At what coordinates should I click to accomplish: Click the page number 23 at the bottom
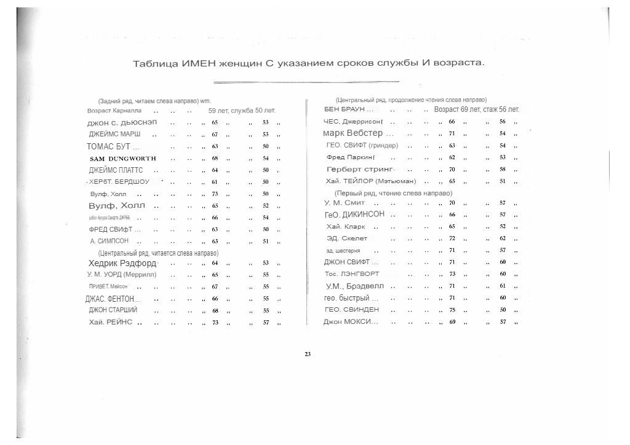click(308, 353)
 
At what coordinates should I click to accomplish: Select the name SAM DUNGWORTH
click(123, 158)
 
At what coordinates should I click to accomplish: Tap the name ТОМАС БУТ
click(113, 146)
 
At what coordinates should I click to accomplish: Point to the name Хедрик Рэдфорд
click(122, 262)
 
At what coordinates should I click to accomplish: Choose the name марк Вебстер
click(353, 133)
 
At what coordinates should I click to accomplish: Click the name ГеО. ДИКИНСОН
click(354, 214)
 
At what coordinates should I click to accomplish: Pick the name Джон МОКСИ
click(351, 321)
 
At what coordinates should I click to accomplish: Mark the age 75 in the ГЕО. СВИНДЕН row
click(452, 310)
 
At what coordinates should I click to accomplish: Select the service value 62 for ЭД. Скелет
click(503, 238)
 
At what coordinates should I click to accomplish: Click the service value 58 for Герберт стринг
click(503, 169)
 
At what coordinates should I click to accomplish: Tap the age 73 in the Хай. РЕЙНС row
click(215, 322)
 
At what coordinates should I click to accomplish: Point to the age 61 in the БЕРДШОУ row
click(215, 182)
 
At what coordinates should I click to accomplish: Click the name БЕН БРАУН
click(348, 109)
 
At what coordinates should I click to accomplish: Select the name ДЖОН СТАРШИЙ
click(113, 310)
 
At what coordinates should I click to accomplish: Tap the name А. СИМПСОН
click(109, 241)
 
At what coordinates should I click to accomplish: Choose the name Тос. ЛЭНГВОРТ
click(351, 274)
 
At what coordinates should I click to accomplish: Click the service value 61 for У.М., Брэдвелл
click(503, 286)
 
